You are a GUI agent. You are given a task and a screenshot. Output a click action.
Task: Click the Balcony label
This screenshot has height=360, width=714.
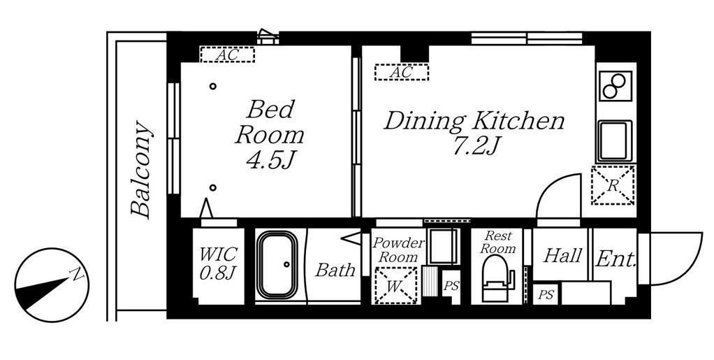click(x=140, y=169)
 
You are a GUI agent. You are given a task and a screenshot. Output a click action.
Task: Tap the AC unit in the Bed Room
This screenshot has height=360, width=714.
click(x=227, y=55)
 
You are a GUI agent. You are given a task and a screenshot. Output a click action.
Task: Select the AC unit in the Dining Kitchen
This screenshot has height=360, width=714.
click(x=402, y=72)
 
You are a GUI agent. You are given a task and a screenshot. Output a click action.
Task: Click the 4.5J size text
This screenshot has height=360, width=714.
click(x=269, y=161)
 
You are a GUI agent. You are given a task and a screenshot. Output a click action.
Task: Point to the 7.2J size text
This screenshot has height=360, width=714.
click(x=474, y=146)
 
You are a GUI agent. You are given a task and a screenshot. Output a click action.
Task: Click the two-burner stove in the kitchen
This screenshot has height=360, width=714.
click(x=614, y=86)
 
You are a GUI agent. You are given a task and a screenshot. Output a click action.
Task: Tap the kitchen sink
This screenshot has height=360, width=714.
click(x=615, y=141)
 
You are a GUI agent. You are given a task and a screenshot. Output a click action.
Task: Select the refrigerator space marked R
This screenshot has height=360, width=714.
click(x=613, y=185)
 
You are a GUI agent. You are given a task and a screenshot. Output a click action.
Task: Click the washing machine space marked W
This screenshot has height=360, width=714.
click(x=395, y=286)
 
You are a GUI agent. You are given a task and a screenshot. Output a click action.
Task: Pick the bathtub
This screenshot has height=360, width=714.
click(x=277, y=265)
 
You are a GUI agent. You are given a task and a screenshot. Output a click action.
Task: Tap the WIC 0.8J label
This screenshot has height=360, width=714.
click(x=218, y=264)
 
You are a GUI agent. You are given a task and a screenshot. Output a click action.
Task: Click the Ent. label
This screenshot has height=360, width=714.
click(x=615, y=259)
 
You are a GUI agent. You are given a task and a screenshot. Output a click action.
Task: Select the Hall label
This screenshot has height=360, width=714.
click(x=563, y=256)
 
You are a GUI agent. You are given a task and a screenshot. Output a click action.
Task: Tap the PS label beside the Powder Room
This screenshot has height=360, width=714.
click(x=451, y=287)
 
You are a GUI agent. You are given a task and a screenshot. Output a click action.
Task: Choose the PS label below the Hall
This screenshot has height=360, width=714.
click(x=546, y=295)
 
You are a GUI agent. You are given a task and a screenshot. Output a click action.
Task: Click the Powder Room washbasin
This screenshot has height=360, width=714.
click(x=443, y=246)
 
